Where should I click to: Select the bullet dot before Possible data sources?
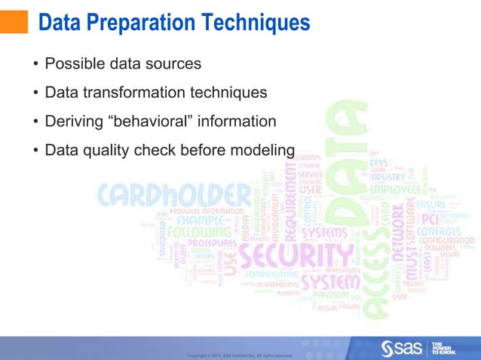point(35,64)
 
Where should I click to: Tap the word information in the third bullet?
point(237,121)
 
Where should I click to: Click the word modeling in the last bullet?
point(259,151)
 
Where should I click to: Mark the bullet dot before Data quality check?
point(35,151)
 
